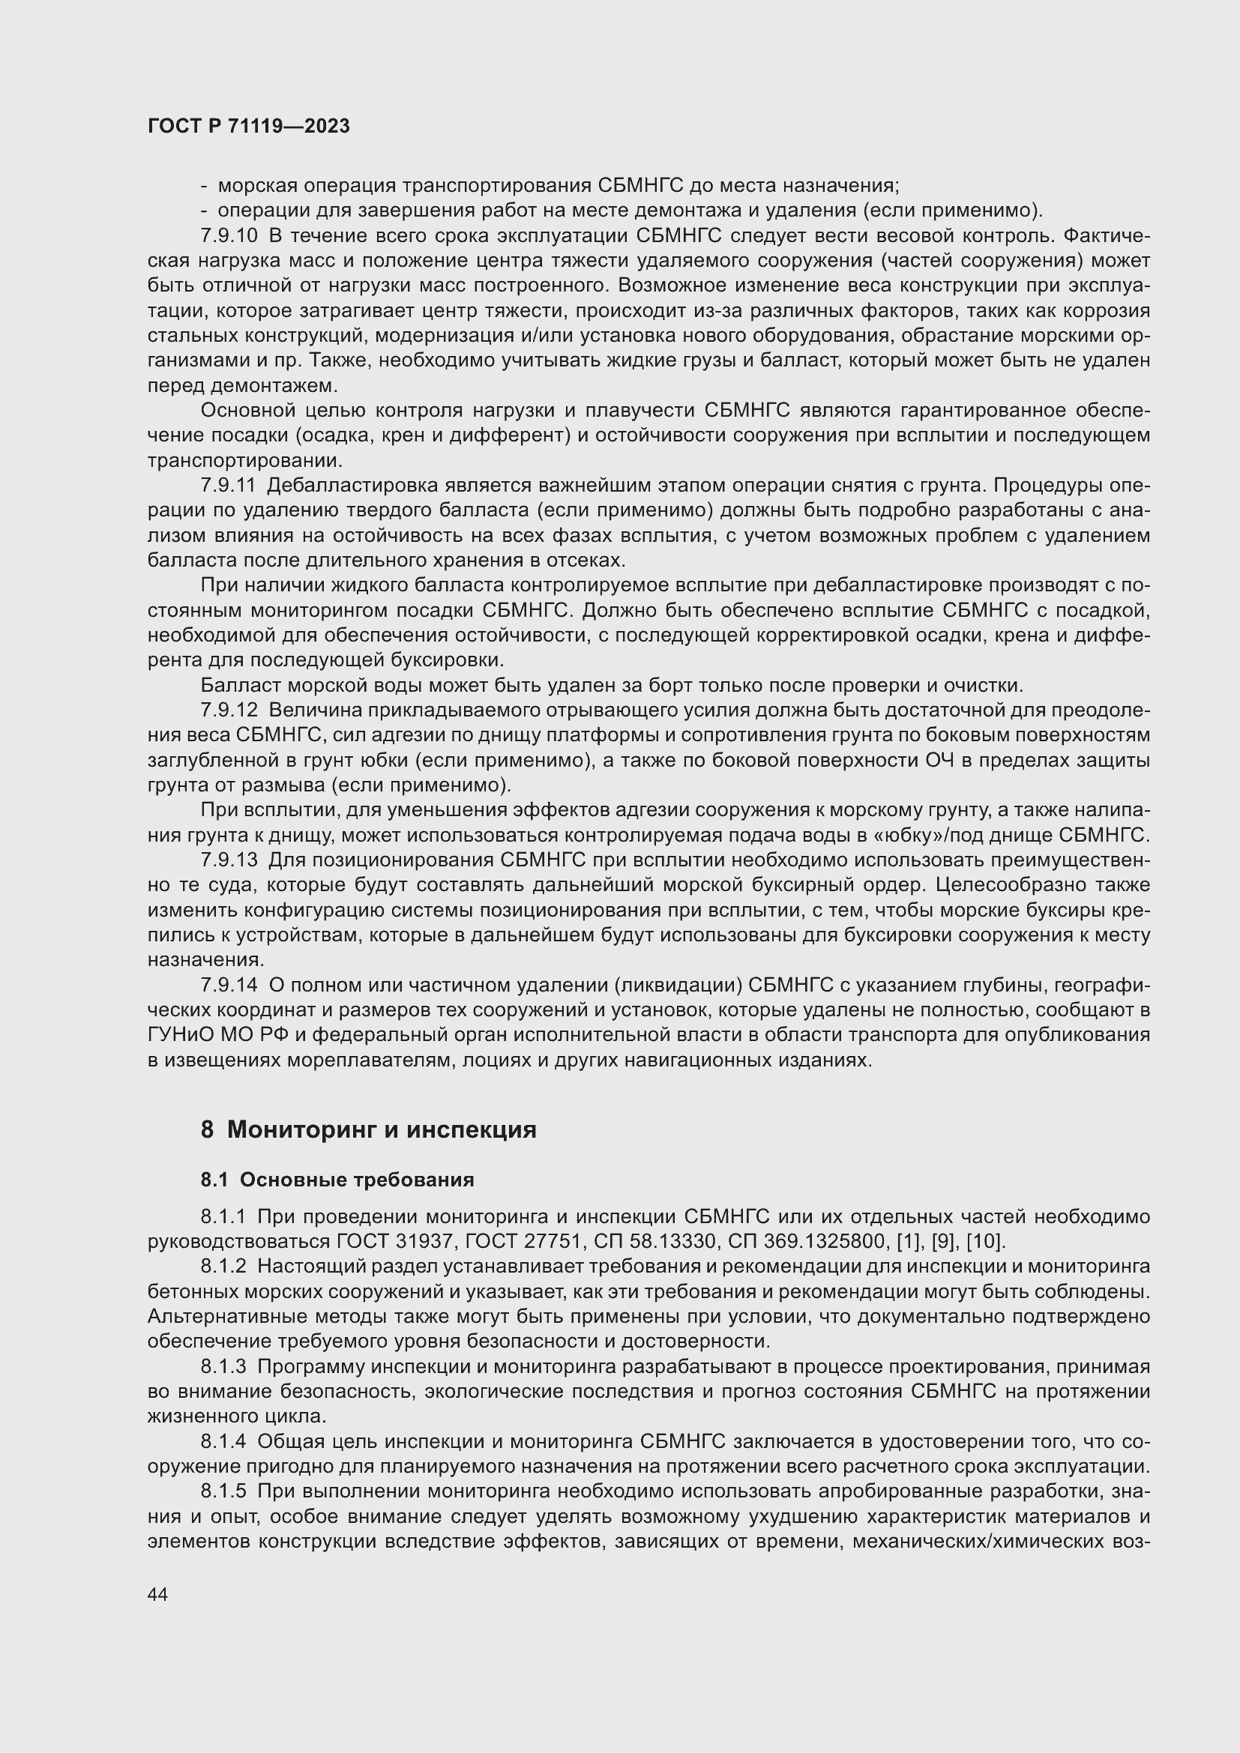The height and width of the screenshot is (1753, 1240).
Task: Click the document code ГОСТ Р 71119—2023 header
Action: coord(249,127)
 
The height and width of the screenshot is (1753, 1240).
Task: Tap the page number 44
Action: coord(158,1594)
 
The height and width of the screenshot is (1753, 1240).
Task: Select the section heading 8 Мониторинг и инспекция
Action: coord(369,1129)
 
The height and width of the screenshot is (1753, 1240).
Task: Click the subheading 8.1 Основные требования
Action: coord(337,1180)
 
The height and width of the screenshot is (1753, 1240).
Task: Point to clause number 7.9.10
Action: coord(229,236)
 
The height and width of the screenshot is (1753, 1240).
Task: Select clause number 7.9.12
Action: coord(229,710)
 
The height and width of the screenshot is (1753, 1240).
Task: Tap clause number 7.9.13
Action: coord(229,860)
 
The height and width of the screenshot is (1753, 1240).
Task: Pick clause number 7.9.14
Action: coord(229,985)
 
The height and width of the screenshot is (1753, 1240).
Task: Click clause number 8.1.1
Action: coord(223,1216)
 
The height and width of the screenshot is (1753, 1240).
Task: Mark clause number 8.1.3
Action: coord(223,1366)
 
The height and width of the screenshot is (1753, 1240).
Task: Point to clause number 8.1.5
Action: coord(223,1491)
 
